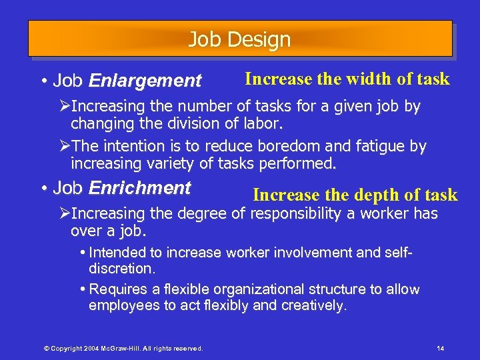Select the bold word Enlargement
145,81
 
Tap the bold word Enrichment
139,188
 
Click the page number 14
440,349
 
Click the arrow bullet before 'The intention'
65,146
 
